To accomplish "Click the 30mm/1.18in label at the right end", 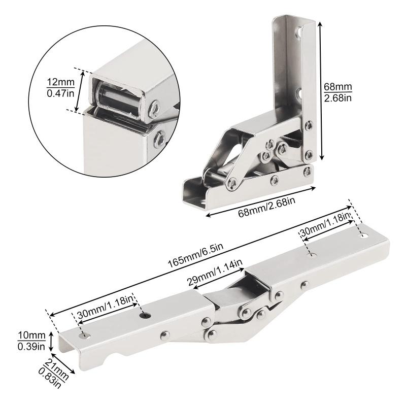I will (x=325, y=225).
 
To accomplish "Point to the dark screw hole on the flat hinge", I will (x=146, y=316).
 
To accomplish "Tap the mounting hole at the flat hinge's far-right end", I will (x=363, y=235).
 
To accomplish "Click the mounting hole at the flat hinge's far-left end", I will (x=84, y=335).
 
